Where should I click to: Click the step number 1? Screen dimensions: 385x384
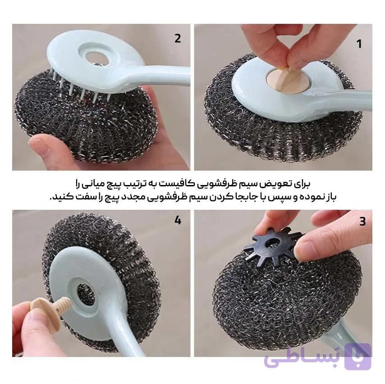359,44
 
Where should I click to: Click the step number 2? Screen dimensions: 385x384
178,39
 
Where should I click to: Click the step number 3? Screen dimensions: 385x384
362,221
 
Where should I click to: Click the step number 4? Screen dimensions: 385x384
178,221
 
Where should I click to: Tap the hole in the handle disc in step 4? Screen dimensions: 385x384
86,293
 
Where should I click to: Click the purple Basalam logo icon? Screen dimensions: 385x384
358,357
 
